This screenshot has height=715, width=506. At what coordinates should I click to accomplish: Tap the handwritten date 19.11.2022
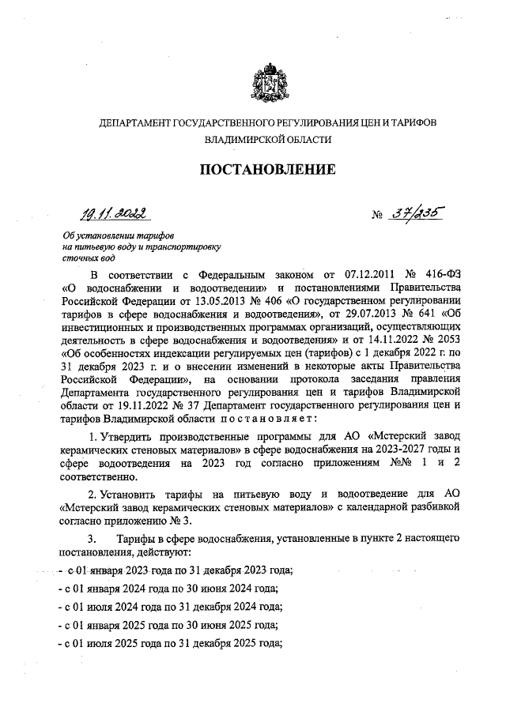(111, 213)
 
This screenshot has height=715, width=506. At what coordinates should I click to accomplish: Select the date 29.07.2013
(354, 317)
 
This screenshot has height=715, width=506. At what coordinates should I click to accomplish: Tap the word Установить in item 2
(132, 492)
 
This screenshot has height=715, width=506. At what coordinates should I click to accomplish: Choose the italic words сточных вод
(89, 258)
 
